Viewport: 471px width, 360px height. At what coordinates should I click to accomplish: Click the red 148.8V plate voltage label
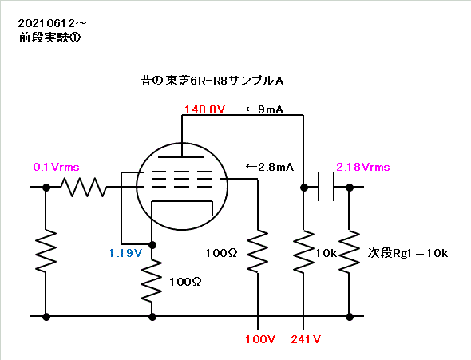click(x=204, y=109)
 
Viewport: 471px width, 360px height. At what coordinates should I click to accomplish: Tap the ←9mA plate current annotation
click(x=264, y=109)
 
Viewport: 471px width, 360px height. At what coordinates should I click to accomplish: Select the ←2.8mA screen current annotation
click(x=270, y=167)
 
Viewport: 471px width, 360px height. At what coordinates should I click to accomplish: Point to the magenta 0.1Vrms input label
click(x=56, y=167)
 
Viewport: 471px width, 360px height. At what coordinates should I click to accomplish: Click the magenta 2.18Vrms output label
click(x=363, y=167)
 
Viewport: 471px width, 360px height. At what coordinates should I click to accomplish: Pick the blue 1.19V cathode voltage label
click(x=125, y=253)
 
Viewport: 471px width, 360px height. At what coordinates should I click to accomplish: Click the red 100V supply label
click(x=259, y=339)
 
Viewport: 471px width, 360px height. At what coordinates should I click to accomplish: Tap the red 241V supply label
click(x=306, y=339)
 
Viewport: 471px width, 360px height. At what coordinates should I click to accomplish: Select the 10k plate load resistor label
click(x=326, y=253)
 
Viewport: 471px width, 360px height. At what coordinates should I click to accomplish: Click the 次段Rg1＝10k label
click(x=408, y=253)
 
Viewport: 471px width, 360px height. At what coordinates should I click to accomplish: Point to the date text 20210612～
click(x=53, y=23)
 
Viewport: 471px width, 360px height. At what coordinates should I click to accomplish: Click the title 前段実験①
click(x=49, y=38)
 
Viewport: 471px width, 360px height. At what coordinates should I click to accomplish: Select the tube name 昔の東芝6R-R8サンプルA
click(x=212, y=81)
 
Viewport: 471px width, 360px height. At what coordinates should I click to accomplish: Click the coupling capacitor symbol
click(x=326, y=187)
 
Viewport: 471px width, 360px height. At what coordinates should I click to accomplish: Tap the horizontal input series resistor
click(x=84, y=187)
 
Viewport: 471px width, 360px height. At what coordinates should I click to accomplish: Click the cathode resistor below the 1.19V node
click(x=152, y=281)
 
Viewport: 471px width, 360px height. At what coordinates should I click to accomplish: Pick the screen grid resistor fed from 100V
click(x=257, y=251)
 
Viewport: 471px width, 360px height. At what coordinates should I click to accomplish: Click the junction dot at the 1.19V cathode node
click(x=152, y=245)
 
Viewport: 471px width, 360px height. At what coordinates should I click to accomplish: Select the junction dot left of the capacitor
click(x=304, y=188)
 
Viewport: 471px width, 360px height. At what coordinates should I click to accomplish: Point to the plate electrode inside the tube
click(x=181, y=156)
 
